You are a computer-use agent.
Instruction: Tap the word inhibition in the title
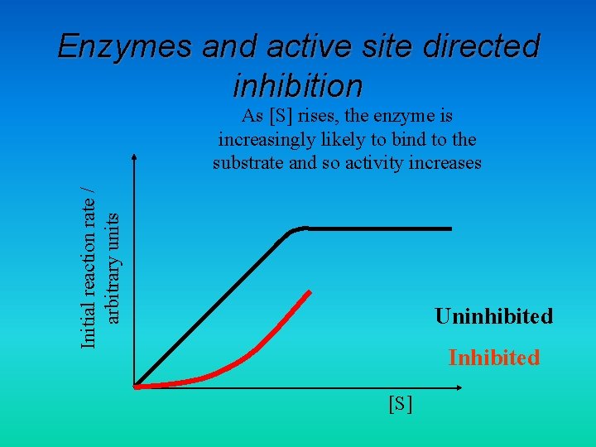point(298,84)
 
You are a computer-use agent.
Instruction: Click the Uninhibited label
point(493,316)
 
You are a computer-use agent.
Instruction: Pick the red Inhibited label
point(493,358)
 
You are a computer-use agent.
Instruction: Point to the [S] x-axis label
point(401,404)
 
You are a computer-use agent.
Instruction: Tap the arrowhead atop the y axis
point(134,156)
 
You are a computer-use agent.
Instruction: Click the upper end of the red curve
point(310,291)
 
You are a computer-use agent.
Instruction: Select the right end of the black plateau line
point(451,228)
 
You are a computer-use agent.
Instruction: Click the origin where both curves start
point(136,386)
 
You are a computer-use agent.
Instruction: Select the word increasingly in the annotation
point(267,138)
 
